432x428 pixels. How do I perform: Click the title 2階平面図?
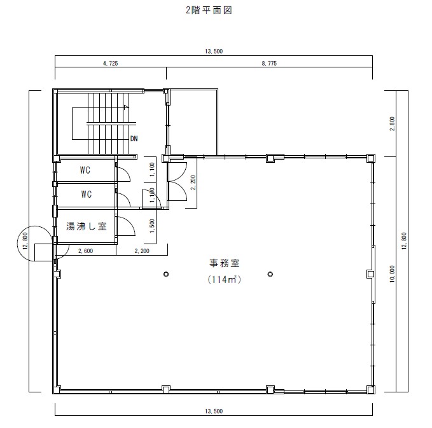coord(209,10)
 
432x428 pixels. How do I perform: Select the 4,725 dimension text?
coord(111,64)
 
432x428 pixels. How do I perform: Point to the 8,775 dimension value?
coord(269,64)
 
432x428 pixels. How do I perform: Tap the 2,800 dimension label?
coord(393,123)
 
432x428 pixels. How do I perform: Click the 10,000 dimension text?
coord(393,273)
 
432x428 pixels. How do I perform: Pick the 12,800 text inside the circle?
coord(25,241)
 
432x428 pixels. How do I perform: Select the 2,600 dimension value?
coord(86,251)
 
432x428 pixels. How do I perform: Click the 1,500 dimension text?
coord(152,226)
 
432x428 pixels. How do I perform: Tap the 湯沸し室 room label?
coord(87,226)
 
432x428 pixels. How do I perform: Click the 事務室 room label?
coord(224,263)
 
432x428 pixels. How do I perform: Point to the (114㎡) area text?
coord(224,280)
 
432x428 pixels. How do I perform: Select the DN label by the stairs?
coord(134,138)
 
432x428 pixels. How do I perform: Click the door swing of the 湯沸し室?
coord(126,226)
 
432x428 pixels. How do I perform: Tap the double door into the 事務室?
coord(178,181)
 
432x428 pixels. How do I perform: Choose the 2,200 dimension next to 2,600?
coord(142,251)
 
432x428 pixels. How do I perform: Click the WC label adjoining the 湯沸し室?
coord(87,195)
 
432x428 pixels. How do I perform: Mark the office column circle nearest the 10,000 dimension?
coord(270,274)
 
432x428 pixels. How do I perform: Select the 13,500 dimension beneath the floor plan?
coord(214,411)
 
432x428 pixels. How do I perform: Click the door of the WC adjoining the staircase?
coord(123,172)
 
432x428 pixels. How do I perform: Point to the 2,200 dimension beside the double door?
coord(193,183)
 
